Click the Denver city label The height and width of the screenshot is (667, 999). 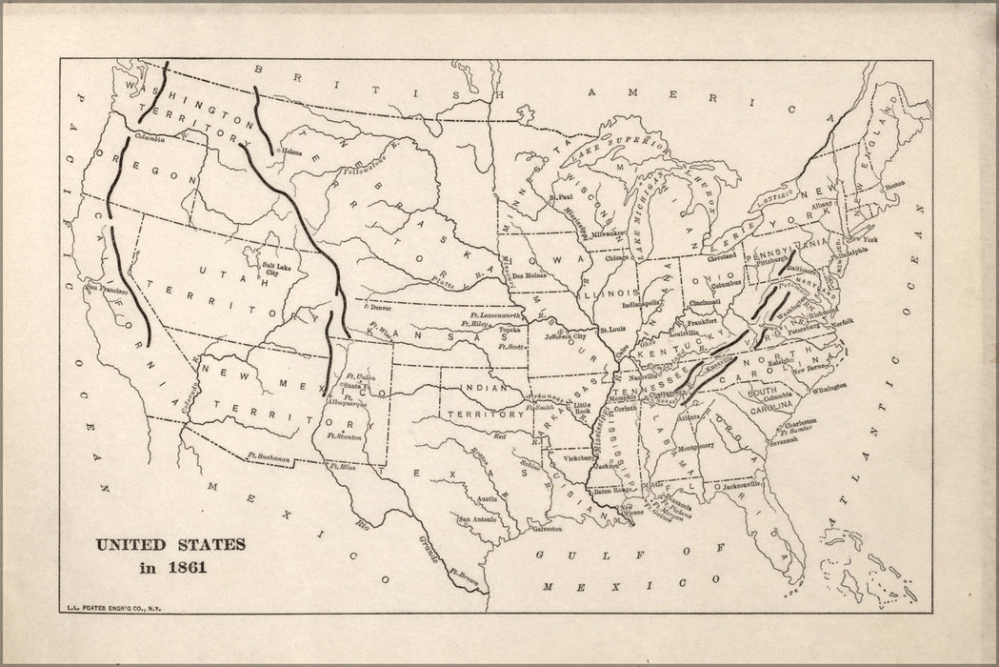380,309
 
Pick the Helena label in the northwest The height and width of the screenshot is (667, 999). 290,152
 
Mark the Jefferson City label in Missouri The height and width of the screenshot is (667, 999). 566,335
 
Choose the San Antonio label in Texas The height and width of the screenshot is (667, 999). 478,518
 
